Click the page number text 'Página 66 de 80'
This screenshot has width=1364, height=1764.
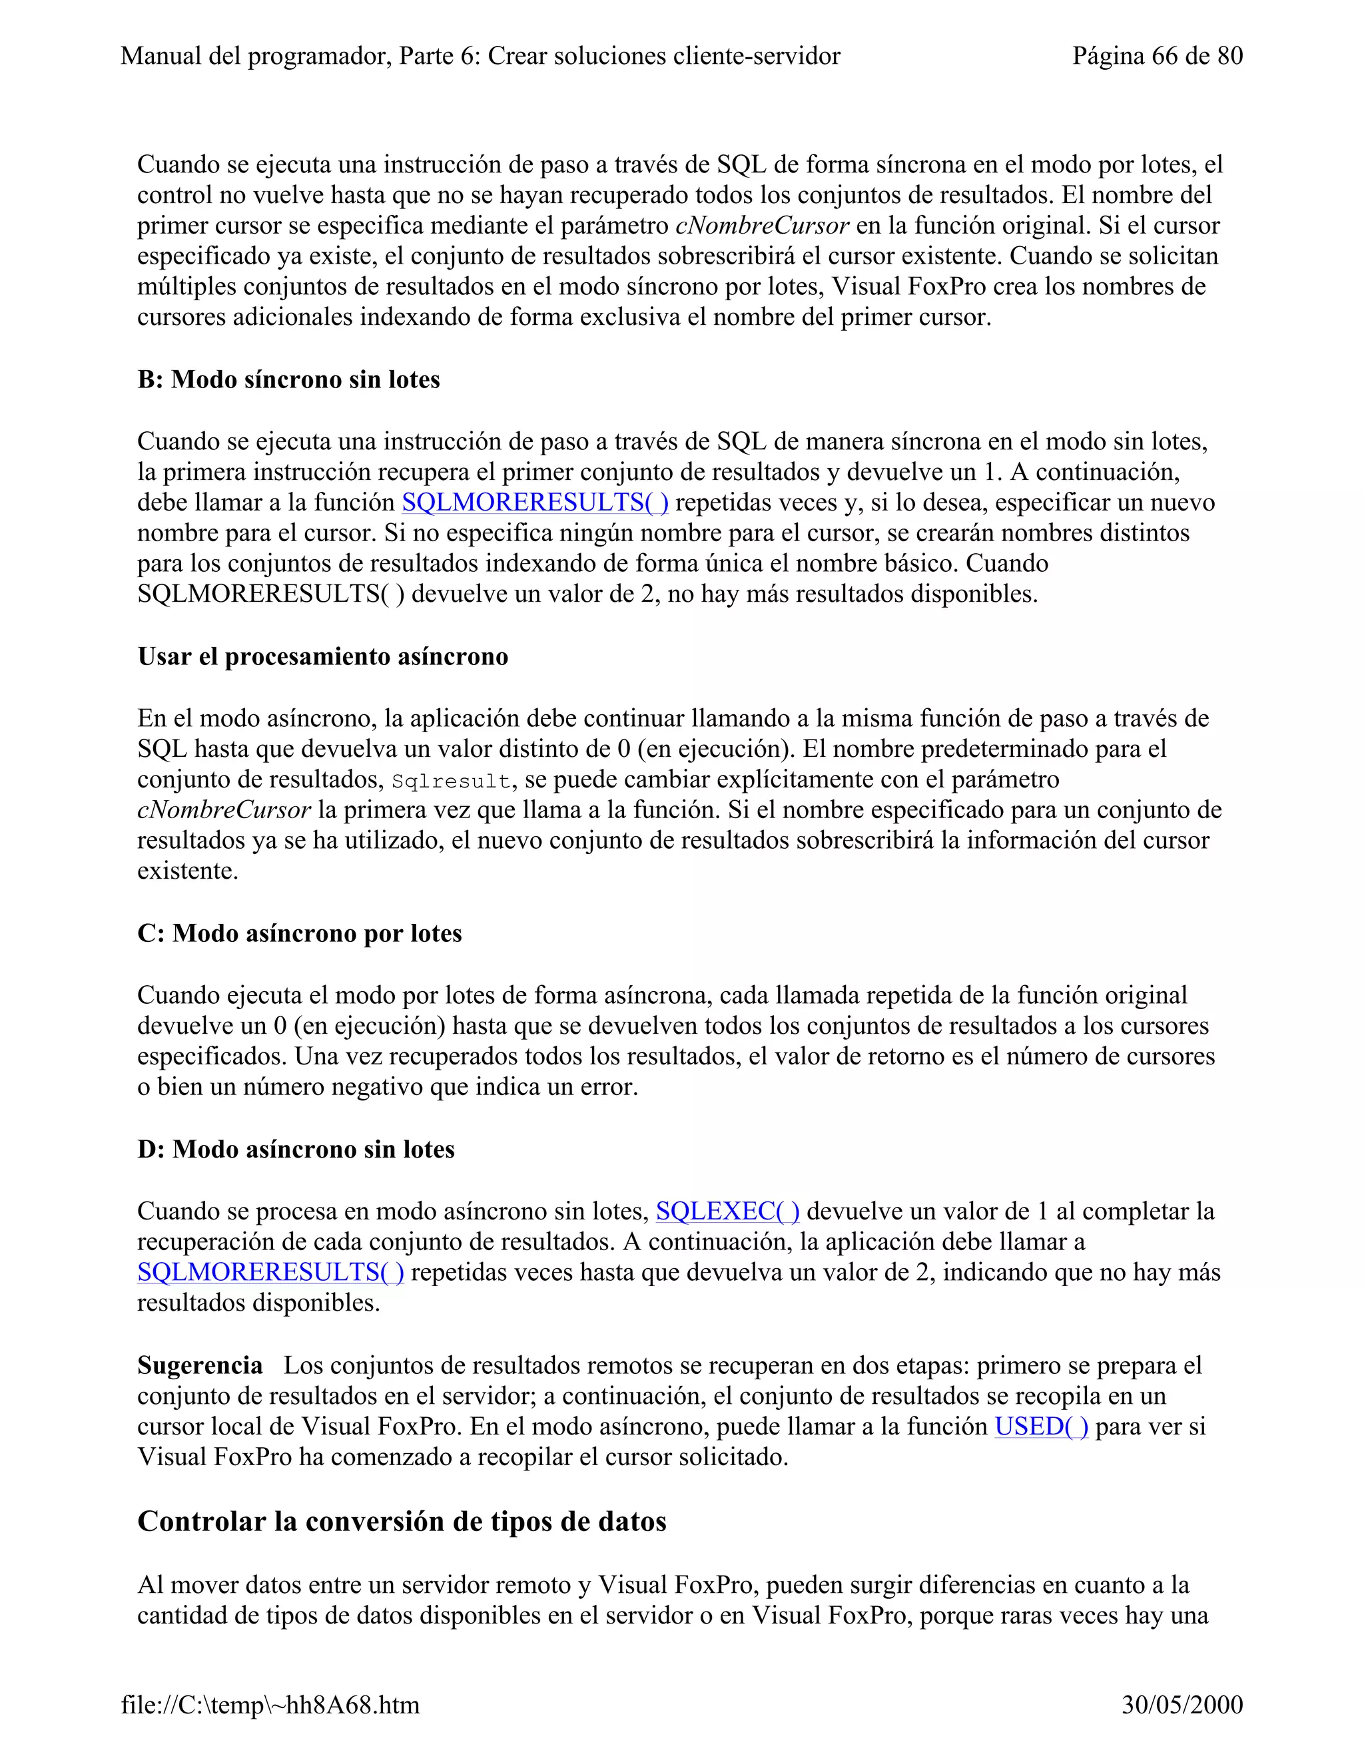pyautogui.click(x=1156, y=56)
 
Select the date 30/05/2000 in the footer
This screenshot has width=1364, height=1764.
pyautogui.click(x=1182, y=1704)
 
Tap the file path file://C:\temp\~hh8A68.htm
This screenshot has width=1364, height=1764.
pyautogui.click(x=270, y=1704)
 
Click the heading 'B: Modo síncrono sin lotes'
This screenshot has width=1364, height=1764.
pyautogui.click(x=288, y=379)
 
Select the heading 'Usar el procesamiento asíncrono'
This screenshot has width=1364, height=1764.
pyautogui.click(x=322, y=656)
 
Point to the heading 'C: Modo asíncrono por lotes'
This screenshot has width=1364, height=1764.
pyautogui.click(x=299, y=934)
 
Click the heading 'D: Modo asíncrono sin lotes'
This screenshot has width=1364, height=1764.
pyautogui.click(x=296, y=1150)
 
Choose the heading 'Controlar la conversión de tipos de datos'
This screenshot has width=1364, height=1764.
pyautogui.click(x=402, y=1522)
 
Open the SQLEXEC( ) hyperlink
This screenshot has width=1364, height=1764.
pyautogui.click(x=727, y=1212)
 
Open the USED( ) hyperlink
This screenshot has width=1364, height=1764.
pyautogui.click(x=1041, y=1427)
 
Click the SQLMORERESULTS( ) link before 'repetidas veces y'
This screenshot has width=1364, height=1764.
pyautogui.click(x=535, y=503)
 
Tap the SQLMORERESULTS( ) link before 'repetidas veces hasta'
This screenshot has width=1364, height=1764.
pyautogui.click(x=270, y=1273)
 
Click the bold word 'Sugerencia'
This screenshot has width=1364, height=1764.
pyautogui.click(x=200, y=1366)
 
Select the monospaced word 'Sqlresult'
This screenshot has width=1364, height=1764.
pyautogui.click(x=451, y=781)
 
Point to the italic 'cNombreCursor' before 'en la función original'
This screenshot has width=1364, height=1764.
pyautogui.click(x=761, y=226)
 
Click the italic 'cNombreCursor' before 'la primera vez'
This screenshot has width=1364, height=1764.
pyautogui.click(x=224, y=810)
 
